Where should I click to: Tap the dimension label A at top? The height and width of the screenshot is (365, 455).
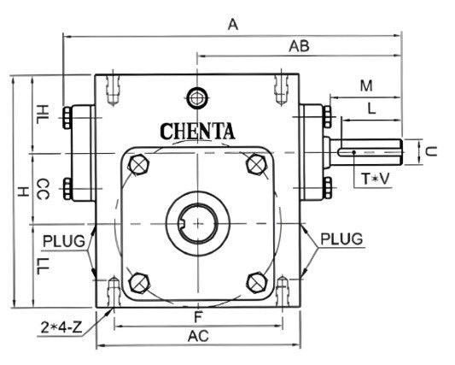coord(232,25)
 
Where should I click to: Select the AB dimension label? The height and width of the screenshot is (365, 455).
coord(299,45)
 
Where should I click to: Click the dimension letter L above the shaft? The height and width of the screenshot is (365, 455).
coord(370,109)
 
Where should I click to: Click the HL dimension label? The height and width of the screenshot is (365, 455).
coord(44,113)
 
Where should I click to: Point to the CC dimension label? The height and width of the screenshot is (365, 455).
coord(44,189)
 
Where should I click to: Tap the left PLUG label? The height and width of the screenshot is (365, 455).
coord(64,240)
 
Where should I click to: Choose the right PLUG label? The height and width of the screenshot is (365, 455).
coord(342,237)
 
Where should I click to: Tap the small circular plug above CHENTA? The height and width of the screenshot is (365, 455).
coord(198,97)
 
